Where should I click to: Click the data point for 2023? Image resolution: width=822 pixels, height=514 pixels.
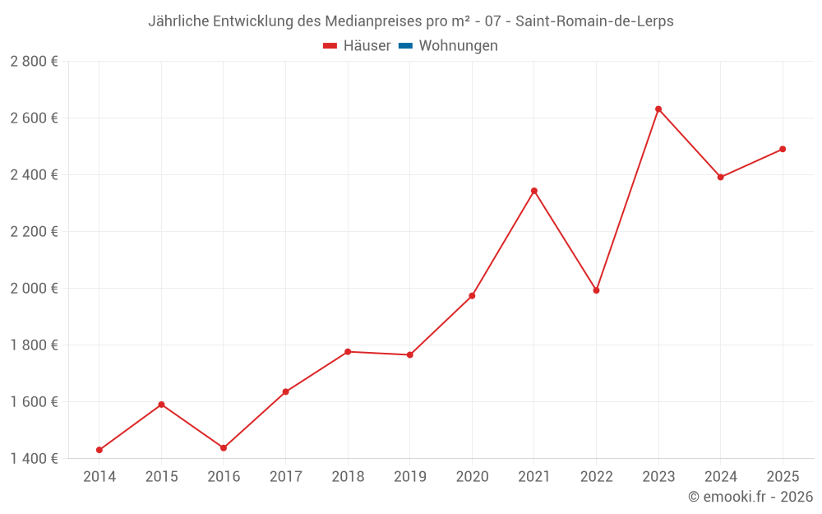point(658,109)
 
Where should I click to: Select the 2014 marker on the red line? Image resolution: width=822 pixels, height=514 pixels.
point(99,450)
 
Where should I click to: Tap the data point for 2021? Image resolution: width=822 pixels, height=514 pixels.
point(534,191)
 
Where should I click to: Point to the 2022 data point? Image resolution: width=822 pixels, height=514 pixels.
point(596,290)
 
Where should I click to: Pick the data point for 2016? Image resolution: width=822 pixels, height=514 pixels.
point(224,448)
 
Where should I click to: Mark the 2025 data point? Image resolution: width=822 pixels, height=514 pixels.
point(783,149)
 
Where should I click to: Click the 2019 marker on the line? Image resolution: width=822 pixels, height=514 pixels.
point(410,354)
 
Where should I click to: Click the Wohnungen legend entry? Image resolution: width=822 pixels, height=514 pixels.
point(458,46)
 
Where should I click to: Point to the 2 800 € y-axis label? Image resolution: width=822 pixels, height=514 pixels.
point(35,62)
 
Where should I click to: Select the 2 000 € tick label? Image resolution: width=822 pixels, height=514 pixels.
point(35,289)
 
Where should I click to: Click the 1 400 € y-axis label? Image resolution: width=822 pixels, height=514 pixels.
point(35,458)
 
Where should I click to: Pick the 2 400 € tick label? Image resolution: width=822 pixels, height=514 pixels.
point(35,175)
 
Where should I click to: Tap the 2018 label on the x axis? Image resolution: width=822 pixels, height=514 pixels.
point(348,477)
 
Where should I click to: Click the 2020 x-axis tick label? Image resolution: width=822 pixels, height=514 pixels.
point(472,477)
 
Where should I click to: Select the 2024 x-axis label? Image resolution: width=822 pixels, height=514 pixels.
point(720,477)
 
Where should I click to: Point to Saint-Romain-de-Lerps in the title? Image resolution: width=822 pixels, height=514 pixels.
point(594,21)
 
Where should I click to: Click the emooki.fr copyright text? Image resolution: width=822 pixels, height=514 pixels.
point(750,497)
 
